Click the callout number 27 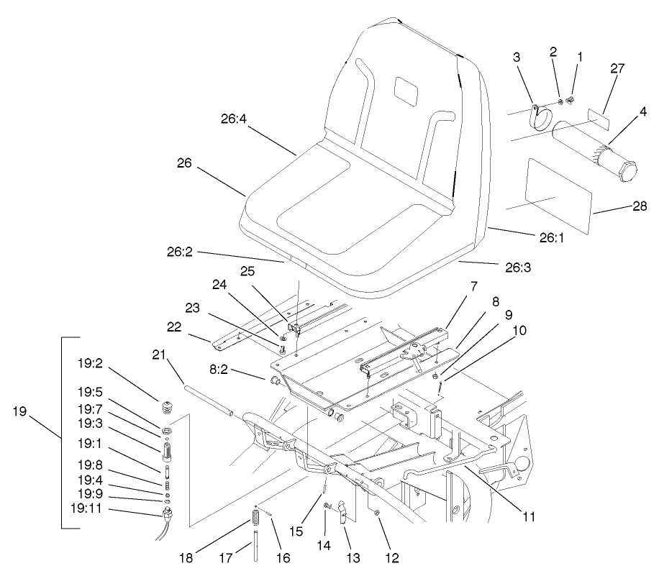point(617,69)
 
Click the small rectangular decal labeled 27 point(596,118)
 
